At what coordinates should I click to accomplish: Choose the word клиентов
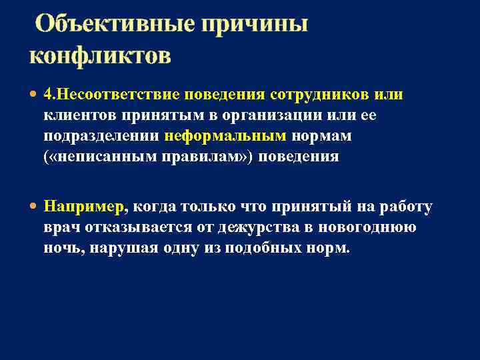80,115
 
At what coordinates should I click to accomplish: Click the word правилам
206,157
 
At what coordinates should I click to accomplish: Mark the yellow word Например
83,207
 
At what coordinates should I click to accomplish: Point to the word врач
61,227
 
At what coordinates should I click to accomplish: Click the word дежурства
247,227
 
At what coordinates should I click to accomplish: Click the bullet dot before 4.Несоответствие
34,95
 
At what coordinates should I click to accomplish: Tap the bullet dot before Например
34,207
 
